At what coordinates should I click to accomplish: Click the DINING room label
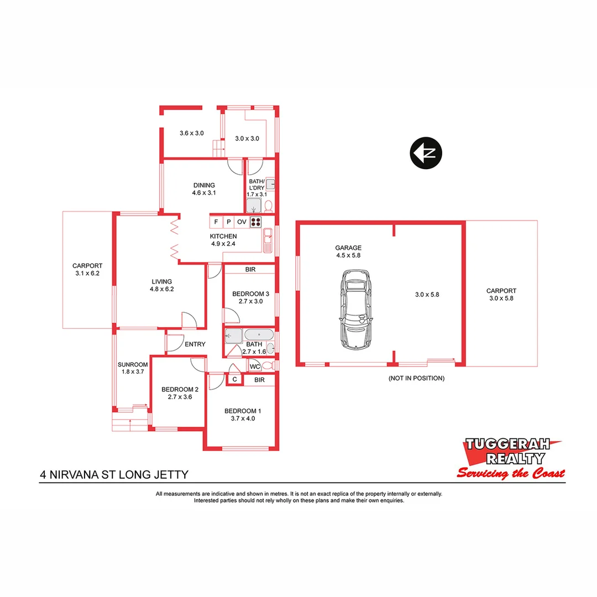point(204,185)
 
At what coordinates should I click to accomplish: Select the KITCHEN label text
point(224,237)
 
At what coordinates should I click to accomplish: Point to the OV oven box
point(242,222)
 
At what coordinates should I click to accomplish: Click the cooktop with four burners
point(256,222)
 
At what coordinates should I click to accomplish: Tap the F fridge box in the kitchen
point(216,222)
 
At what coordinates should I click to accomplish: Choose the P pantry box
point(228,222)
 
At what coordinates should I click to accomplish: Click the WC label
point(254,366)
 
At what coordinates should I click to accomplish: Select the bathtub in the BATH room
point(258,335)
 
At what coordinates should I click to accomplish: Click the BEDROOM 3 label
point(250,294)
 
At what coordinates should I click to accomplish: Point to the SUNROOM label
point(133,364)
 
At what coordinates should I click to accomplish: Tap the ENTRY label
point(195,344)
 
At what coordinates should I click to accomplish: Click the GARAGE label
point(348,248)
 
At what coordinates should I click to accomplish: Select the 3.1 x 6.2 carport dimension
point(87,274)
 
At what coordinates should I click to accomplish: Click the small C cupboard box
point(234,379)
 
